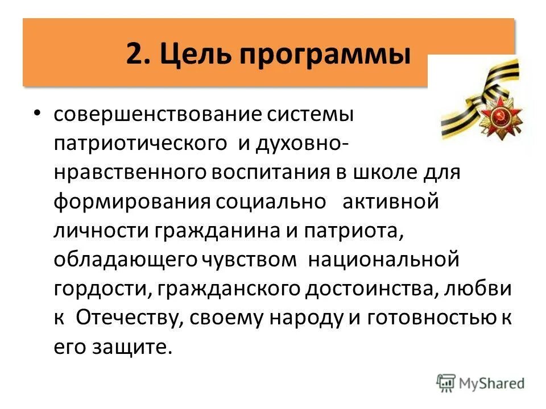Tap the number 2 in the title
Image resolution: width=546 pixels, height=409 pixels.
(134, 55)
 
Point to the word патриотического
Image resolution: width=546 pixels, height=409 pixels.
(140, 144)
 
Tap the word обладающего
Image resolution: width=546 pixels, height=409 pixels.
(126, 260)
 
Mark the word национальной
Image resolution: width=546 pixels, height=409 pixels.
(383, 260)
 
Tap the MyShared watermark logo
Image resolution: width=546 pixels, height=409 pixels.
(481, 383)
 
